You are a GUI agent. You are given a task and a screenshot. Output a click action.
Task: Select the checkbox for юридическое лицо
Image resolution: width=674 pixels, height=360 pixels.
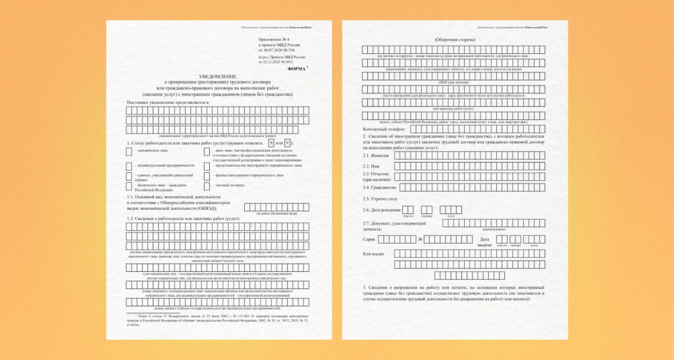point(129,151)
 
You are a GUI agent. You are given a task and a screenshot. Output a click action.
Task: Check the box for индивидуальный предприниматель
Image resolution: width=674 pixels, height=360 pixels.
point(129,165)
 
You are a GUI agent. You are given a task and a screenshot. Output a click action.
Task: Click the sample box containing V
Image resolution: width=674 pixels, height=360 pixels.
point(288,143)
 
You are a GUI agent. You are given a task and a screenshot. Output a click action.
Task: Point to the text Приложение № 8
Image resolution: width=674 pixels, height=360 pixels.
point(271,40)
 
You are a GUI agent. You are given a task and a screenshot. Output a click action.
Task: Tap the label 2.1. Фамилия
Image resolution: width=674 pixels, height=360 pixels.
point(375,156)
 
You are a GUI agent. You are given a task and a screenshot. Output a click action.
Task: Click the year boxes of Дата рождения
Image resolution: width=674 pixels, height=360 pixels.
point(451,209)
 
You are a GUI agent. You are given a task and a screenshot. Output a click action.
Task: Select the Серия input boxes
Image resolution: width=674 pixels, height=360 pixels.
point(397,240)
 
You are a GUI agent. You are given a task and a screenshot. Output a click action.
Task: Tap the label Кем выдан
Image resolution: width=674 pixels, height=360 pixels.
point(373,253)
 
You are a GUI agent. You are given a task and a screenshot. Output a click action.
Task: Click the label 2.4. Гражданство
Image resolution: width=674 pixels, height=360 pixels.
point(378,188)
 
